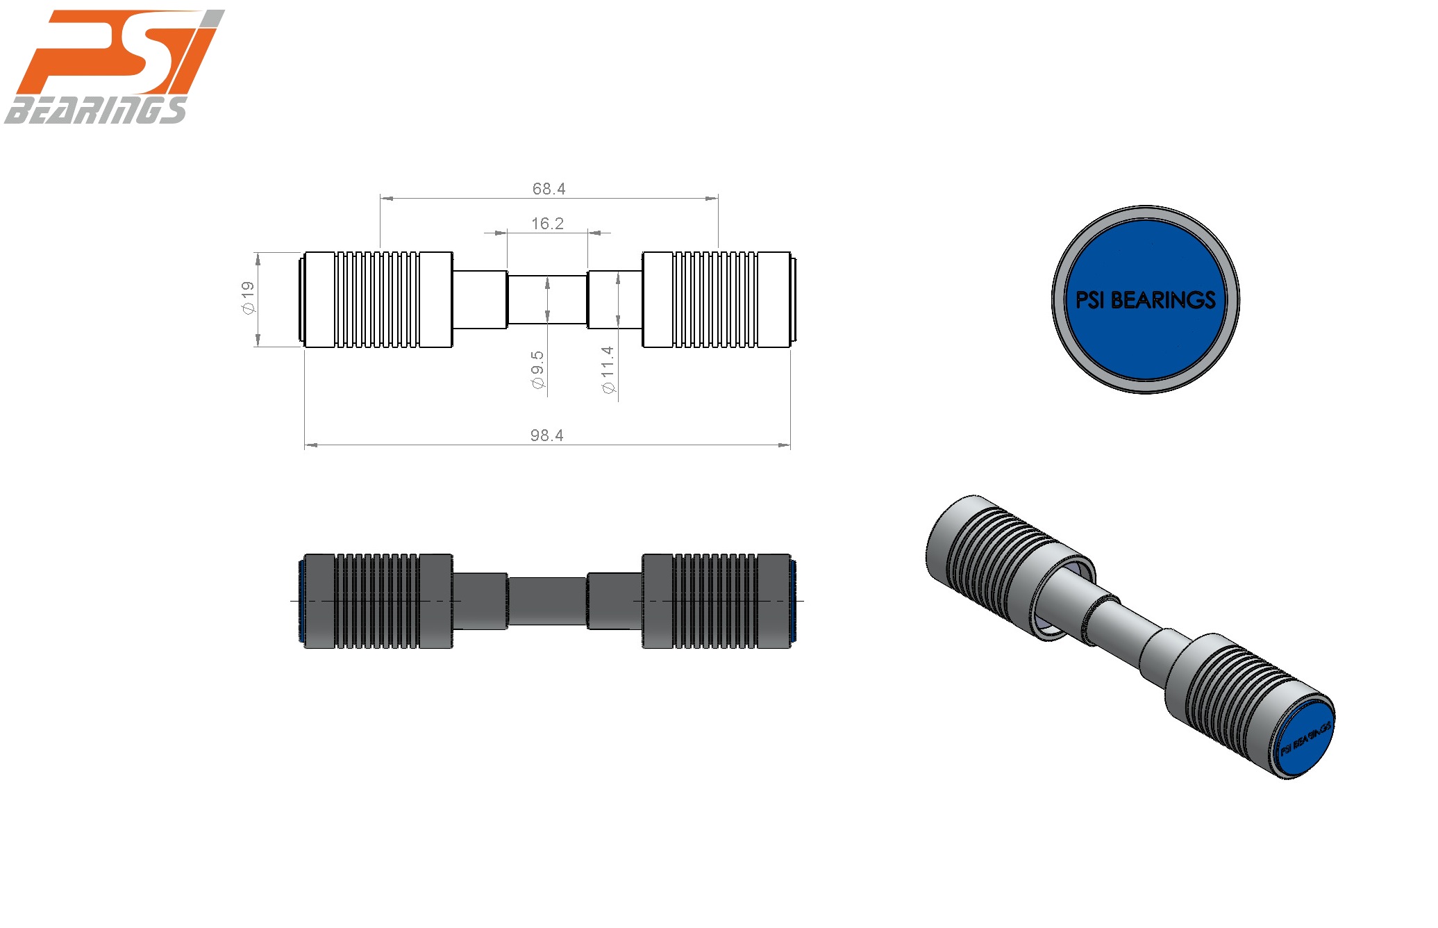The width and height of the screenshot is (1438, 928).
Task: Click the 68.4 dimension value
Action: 549,189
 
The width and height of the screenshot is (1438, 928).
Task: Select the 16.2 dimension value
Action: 547,224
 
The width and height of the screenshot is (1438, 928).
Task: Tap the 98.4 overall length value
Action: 546,436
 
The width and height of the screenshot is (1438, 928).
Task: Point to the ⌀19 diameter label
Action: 248,298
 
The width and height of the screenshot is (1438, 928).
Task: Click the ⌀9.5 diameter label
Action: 537,370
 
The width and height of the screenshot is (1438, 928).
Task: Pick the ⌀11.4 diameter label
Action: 608,370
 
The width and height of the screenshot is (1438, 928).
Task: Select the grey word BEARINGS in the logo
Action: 96,110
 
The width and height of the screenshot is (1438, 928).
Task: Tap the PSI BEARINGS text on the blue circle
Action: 1145,300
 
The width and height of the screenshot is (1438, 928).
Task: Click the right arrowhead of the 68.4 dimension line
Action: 712,199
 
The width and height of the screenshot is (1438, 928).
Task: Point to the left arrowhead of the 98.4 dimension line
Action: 310,445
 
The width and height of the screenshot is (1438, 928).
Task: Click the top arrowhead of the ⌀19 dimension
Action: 258,258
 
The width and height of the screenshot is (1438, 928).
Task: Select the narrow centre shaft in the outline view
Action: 547,300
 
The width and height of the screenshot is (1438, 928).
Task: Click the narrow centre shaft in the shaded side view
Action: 547,601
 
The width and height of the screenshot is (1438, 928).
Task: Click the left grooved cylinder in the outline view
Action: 378,300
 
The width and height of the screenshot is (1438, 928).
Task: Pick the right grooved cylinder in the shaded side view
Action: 717,601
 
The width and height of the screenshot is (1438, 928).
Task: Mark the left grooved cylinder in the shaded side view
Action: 378,601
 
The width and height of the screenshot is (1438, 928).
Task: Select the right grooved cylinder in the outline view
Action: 717,300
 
